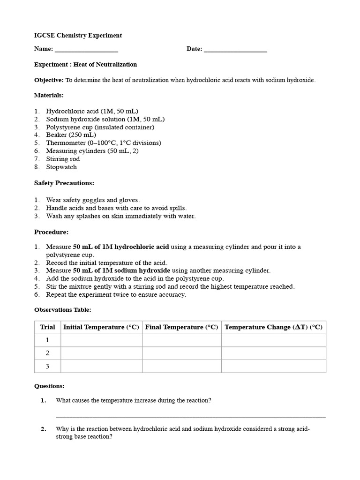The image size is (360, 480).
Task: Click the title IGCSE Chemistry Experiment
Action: (78, 36)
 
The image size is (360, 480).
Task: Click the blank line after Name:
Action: (86, 50)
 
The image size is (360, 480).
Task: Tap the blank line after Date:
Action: (235, 50)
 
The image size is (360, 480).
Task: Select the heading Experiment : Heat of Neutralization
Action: (85, 65)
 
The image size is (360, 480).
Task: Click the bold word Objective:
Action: (49, 80)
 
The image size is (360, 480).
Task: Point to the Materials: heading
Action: (49, 95)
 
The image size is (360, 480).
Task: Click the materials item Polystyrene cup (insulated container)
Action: (100, 127)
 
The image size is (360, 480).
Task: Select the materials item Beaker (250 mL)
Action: (71, 135)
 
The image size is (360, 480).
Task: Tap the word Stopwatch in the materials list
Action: (61, 167)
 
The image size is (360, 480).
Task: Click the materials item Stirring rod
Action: (63, 159)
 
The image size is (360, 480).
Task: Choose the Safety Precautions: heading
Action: (64, 183)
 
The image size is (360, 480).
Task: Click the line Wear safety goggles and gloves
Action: (93, 200)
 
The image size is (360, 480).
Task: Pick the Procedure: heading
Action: (52, 232)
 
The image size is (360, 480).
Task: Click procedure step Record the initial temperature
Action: (106, 263)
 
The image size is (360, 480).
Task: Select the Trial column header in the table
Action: (47, 327)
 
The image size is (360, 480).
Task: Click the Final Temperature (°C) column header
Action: (181, 327)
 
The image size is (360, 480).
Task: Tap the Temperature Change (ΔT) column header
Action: (273, 327)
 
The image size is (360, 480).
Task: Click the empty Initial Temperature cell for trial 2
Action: (101, 353)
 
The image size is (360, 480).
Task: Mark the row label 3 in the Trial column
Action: (47, 367)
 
